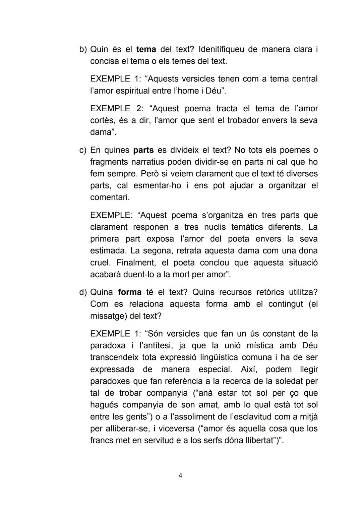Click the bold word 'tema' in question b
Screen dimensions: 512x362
tap(146, 50)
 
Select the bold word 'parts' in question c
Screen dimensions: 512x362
tap(143, 150)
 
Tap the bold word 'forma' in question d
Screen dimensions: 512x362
tap(129, 292)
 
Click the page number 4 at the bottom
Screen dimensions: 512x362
tap(180, 475)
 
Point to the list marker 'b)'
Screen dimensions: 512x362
tap(83, 50)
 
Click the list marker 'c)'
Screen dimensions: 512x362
tap(83, 150)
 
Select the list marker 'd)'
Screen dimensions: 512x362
tap(83, 292)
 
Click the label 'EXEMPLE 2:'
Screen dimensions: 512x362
tap(116, 109)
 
